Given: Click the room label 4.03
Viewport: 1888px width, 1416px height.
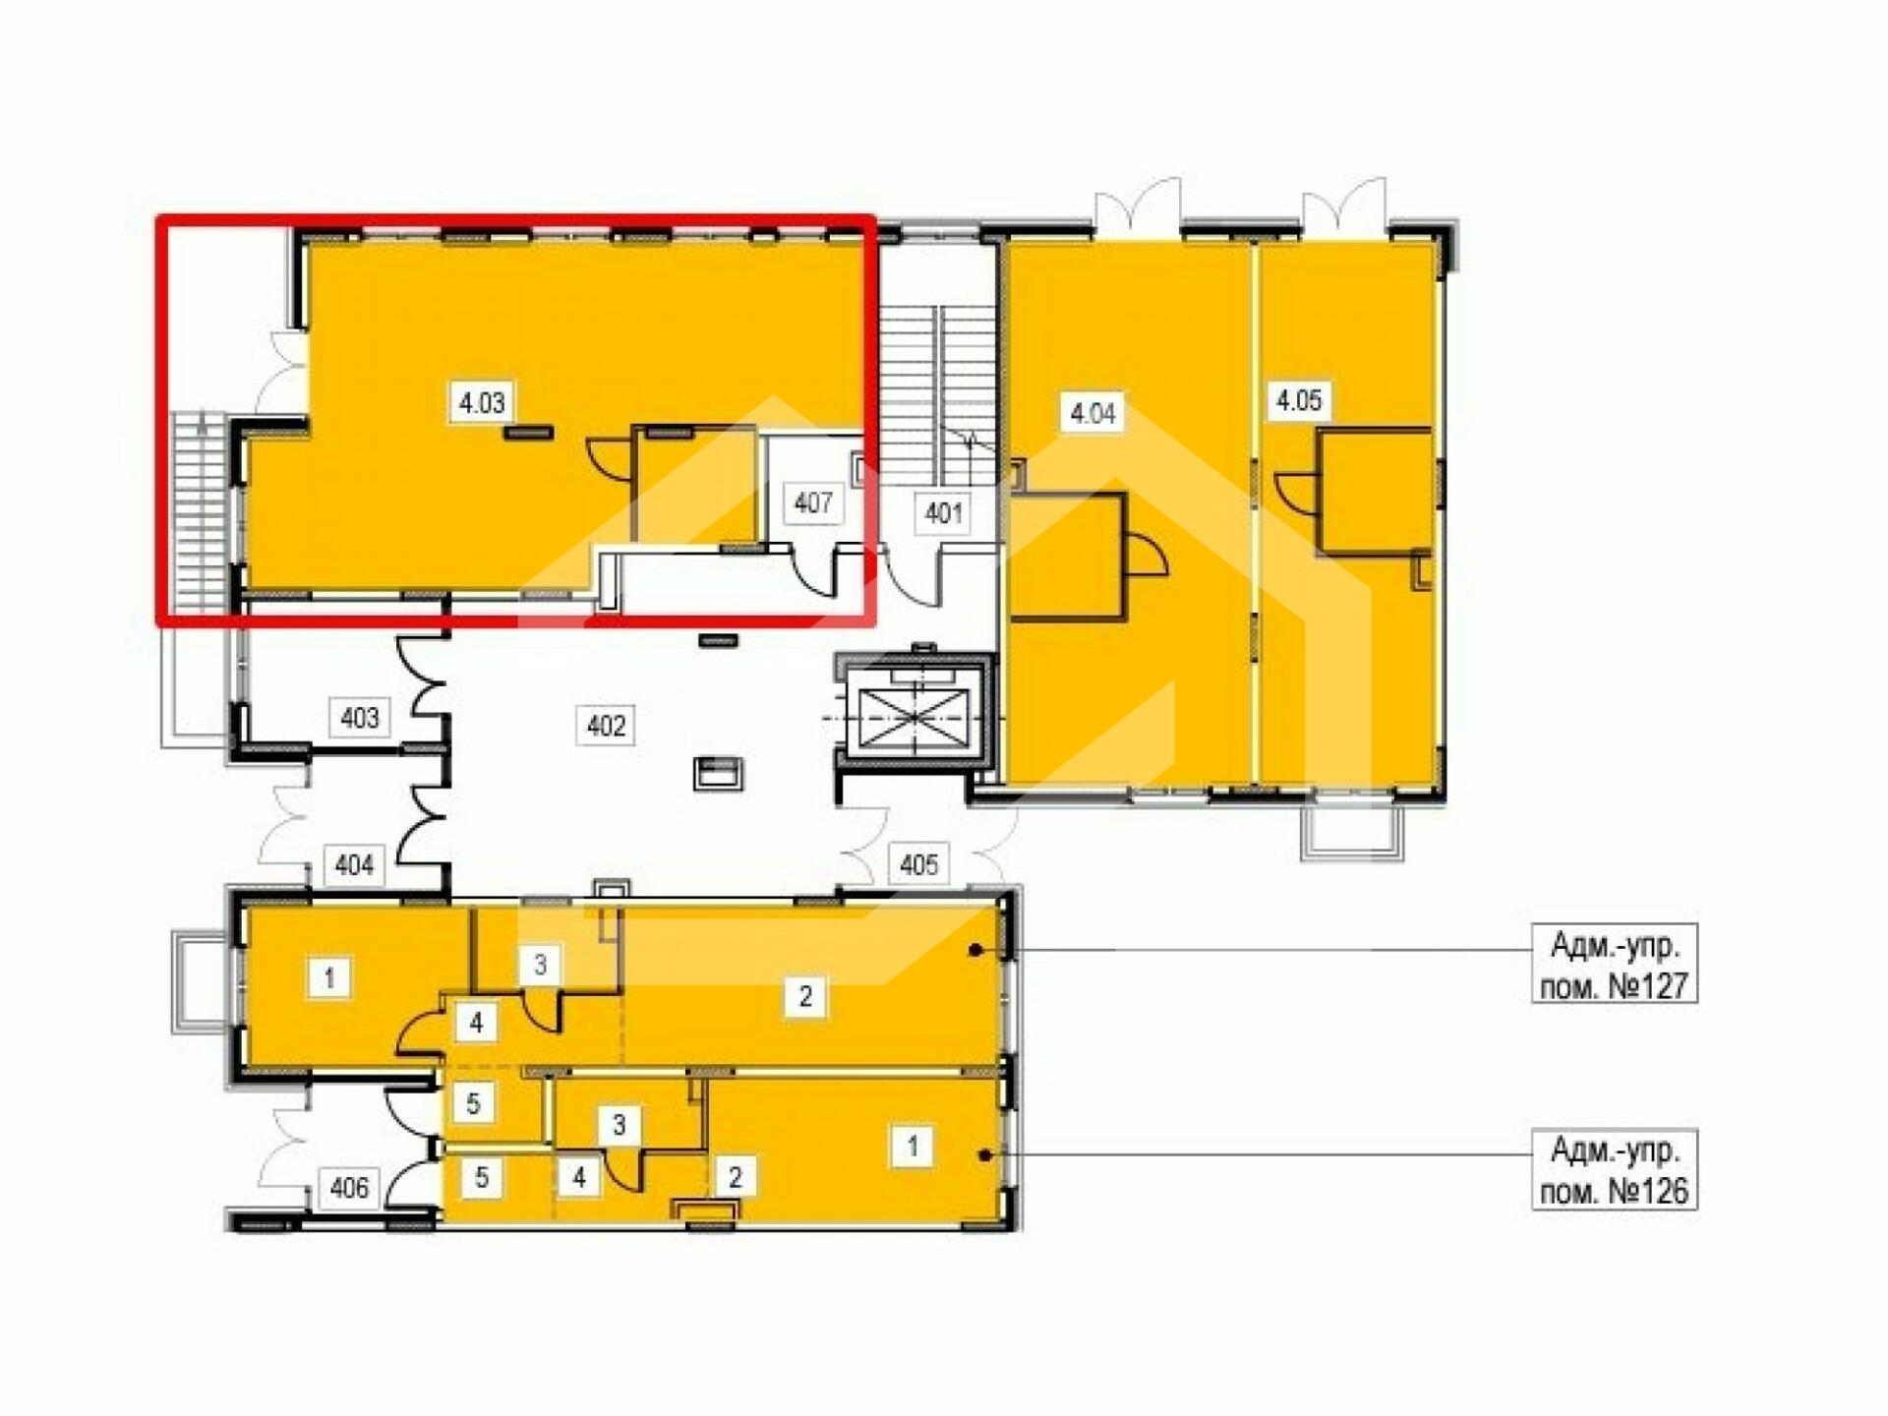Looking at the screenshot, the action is point(482,402).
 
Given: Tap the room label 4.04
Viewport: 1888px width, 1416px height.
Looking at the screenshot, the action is point(1092,413).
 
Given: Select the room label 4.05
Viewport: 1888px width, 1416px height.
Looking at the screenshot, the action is point(1299,400).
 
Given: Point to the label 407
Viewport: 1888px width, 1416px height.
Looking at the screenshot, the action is point(813,503).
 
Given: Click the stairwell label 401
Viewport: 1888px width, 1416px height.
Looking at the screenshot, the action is point(943,513).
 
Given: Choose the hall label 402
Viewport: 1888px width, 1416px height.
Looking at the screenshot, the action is point(606,726).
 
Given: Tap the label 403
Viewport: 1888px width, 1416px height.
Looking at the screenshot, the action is point(359,718).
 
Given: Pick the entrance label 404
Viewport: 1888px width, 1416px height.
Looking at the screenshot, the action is point(354,865).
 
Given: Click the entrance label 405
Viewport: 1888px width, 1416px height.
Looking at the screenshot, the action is point(918,864).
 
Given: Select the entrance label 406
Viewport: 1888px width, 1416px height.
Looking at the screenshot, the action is point(349,1188).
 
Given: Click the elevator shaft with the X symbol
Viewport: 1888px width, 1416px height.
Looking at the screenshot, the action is point(914,715).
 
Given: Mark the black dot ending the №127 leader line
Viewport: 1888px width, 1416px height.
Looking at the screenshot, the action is point(975,950).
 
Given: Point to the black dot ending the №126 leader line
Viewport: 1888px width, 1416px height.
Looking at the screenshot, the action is point(985,1154).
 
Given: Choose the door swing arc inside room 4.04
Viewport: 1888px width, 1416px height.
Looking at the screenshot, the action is point(1147,555).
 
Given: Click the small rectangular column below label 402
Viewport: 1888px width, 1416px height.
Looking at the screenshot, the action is point(718,773).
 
